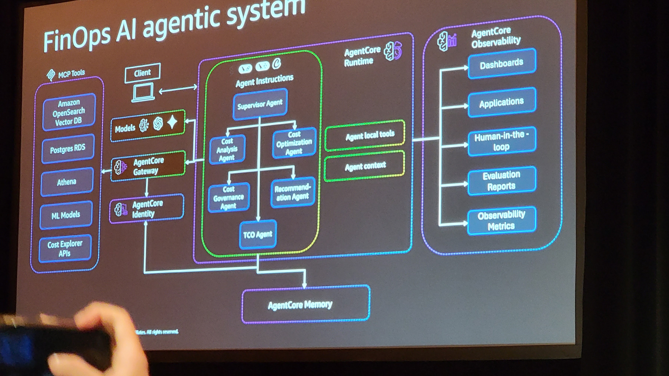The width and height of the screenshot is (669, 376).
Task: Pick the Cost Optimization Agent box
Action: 294,143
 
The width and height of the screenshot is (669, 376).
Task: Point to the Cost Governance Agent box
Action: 228,198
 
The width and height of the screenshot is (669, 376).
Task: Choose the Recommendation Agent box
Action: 292,192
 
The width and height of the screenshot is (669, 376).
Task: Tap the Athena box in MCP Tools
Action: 67,182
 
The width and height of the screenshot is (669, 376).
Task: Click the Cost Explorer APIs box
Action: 65,249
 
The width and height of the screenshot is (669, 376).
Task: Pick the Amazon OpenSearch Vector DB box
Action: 69,112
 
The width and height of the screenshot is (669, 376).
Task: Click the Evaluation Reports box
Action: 501,181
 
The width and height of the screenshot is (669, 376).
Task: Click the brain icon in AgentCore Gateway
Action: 120,167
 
